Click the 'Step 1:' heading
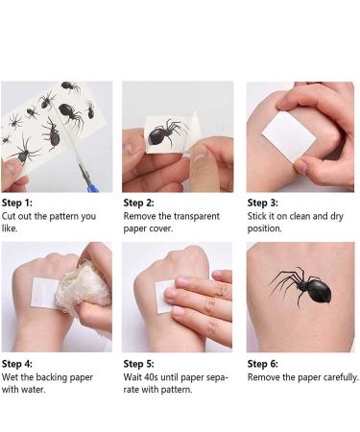(17, 203)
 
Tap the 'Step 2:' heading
(140, 203)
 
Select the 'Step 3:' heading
(264, 203)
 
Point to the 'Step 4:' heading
(17, 364)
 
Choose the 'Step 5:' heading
(140, 364)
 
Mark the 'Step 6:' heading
(264, 364)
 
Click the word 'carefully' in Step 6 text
(333, 377)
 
